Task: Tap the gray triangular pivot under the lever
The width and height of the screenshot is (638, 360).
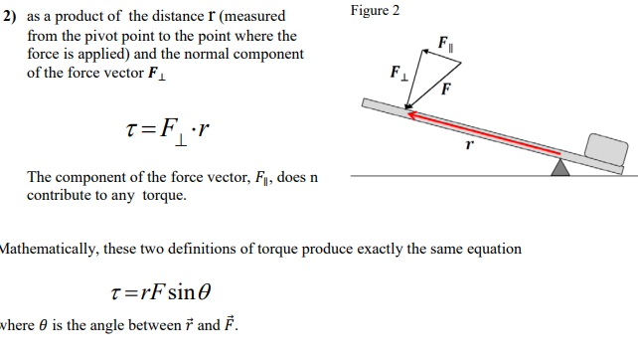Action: coord(561,167)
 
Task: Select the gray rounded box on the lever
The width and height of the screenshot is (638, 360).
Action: coord(605,148)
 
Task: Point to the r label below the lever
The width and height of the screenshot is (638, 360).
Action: coord(469,145)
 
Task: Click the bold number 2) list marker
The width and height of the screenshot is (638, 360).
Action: coord(10,17)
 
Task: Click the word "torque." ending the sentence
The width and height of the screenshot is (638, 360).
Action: coord(164,195)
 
